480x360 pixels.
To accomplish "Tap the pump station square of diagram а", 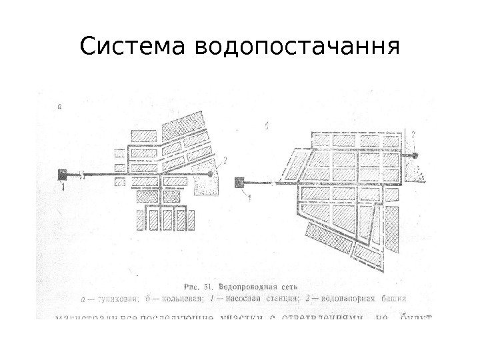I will (x=63, y=175).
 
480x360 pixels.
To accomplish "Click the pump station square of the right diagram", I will (x=239, y=181).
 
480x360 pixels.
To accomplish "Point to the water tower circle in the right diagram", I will (x=413, y=155).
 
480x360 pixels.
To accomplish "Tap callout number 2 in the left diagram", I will (x=225, y=160).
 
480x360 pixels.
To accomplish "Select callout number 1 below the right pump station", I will (x=249, y=197).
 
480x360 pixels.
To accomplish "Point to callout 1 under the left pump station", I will (x=63, y=189).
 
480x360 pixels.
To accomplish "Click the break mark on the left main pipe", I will (x=81, y=175).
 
